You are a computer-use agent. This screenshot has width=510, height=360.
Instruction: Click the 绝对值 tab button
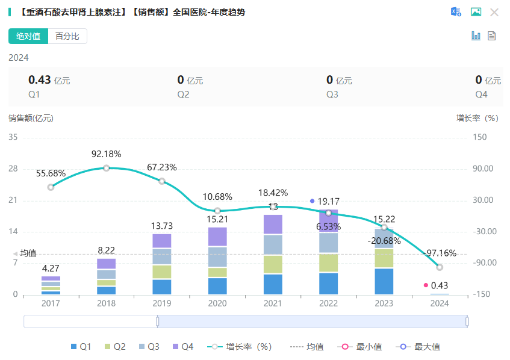28,36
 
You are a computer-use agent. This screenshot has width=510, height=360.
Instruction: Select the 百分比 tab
67,36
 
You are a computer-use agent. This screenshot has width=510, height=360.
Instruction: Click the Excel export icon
456,12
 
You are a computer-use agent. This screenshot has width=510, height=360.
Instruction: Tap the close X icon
494,12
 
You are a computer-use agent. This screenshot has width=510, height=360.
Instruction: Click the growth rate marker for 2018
107,168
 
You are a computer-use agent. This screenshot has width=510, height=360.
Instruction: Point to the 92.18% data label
107,154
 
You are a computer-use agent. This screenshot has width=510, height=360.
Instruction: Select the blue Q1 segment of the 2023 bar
384,281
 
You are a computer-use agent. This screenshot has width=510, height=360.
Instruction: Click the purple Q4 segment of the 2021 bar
273,225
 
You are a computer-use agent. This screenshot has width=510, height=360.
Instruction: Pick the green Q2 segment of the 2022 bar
328,262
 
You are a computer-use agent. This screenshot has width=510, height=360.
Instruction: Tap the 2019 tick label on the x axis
162,303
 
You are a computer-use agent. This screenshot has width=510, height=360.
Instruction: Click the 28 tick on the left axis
13,169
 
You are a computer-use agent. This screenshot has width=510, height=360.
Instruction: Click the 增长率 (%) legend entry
240,347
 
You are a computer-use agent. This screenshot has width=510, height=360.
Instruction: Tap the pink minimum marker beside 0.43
426,285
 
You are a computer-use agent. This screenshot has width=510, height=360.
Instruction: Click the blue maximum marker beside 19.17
312,201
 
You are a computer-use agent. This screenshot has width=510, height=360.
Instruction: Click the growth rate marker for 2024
440,267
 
